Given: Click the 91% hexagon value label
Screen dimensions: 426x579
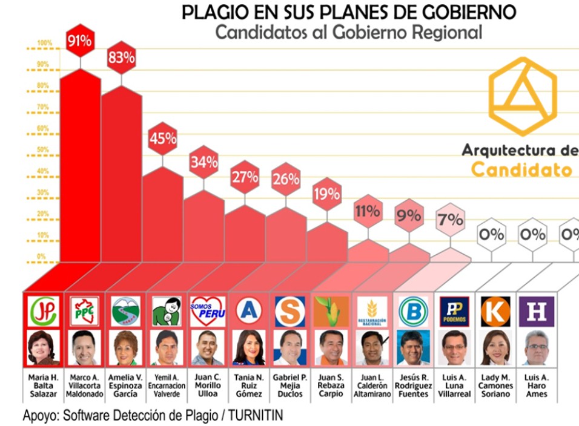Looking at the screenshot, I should [x=80, y=41].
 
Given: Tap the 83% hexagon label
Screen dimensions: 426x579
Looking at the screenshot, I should [x=121, y=57].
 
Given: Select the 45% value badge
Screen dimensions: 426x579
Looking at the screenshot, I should [x=162, y=139].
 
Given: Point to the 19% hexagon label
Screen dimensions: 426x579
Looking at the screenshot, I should [x=327, y=194].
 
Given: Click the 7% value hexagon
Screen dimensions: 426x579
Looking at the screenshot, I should [x=451, y=219].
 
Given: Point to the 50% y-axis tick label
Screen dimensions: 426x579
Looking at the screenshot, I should [x=43, y=149].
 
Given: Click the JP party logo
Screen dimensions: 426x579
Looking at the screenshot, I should [x=42, y=312].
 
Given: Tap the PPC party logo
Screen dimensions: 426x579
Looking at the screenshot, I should [x=84, y=312].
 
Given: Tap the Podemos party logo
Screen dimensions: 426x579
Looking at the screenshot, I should [x=454, y=312].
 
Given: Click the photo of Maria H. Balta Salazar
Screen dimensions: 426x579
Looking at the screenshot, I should [x=42, y=348].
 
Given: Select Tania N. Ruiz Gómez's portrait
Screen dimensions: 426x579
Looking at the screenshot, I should [x=248, y=348].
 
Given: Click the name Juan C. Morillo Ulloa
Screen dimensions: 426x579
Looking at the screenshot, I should [x=207, y=385].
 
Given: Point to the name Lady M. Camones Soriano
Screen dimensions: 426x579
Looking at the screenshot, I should [x=495, y=385].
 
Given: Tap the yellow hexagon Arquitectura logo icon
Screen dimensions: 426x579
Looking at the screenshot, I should [x=522, y=96].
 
